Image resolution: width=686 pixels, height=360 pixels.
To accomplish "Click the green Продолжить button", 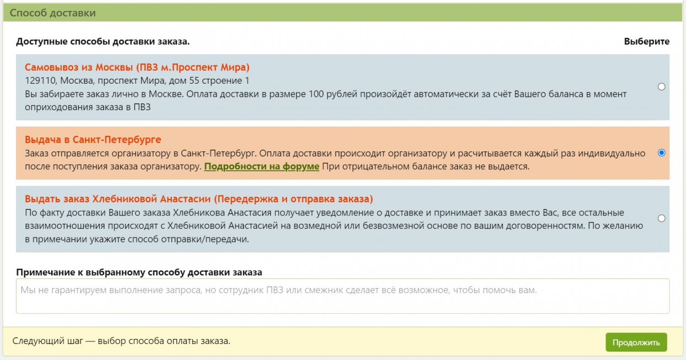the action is [636, 342].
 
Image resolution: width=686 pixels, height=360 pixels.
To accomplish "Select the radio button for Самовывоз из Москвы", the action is [661, 87].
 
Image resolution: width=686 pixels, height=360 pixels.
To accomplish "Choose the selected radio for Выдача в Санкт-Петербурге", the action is [661, 153].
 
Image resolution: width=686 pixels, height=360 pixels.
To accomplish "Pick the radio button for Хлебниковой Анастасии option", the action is [661, 218].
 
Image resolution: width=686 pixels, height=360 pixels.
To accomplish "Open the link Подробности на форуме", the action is [262, 167].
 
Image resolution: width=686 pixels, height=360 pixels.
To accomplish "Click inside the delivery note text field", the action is [343, 296].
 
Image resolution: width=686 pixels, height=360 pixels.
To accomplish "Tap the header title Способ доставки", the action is [53, 13].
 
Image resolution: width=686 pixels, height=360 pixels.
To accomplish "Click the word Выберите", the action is [647, 41].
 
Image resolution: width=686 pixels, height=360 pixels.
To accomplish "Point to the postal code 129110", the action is [40, 81].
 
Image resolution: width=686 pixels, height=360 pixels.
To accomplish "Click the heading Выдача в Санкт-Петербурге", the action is [93, 140].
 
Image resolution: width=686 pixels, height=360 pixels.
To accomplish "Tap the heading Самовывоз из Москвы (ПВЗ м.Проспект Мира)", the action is [137, 67].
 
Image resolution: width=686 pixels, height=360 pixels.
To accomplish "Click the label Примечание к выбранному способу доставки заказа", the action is [139, 272].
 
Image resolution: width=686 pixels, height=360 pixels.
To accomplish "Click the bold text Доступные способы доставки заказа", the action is [103, 41].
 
